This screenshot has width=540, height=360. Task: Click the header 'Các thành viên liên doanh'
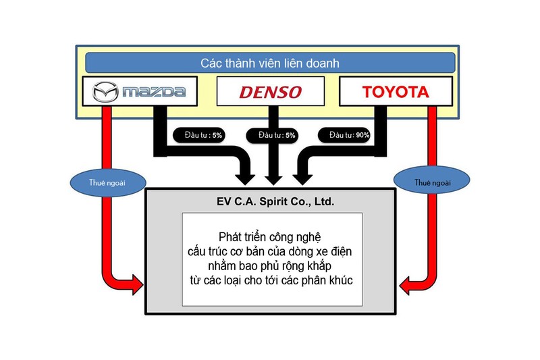pos(270,63)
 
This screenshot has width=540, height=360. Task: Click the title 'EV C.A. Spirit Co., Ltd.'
pos(270,201)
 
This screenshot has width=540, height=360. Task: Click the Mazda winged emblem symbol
pos(105,91)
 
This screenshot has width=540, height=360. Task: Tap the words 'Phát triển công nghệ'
pos(270,237)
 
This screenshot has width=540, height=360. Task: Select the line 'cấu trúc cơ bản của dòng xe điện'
pos(270,251)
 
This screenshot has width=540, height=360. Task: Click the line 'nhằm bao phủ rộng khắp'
pos(270,265)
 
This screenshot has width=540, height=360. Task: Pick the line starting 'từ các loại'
pos(270,280)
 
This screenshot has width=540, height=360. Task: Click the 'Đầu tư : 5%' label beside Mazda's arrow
pos(198,135)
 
